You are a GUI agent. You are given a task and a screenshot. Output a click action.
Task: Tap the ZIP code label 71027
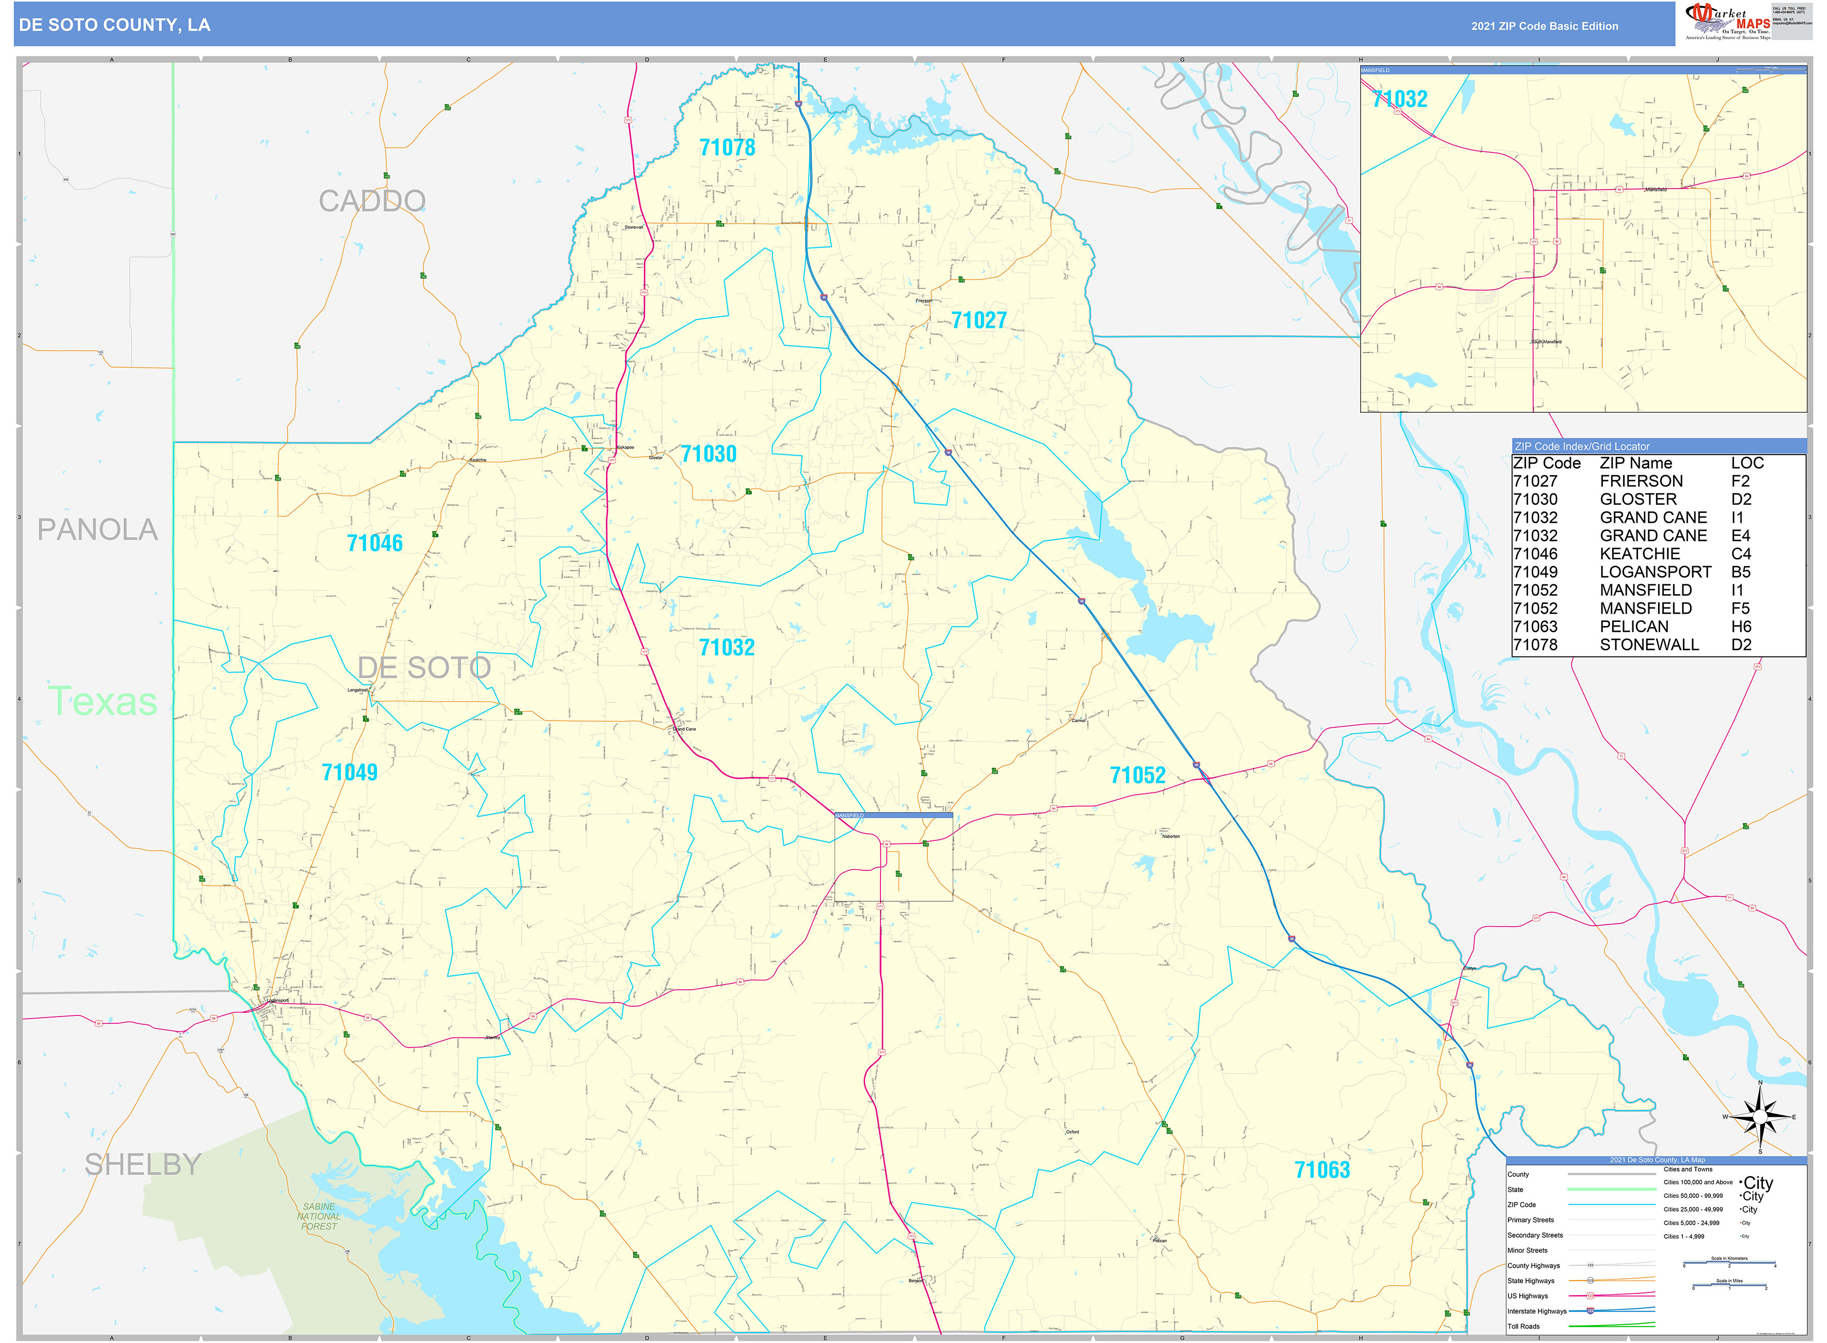click(x=979, y=320)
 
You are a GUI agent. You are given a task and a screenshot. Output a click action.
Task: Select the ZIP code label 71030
click(x=708, y=454)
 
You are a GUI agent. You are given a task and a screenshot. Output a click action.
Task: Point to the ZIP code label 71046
click(x=375, y=543)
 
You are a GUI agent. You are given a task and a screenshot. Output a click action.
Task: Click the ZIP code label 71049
click(x=350, y=772)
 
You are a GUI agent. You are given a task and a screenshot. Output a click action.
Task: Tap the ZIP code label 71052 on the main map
click(x=1137, y=775)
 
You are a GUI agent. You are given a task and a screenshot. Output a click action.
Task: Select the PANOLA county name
click(x=98, y=530)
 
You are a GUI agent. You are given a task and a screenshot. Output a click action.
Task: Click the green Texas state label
click(x=102, y=701)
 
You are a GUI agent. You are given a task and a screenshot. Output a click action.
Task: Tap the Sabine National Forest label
click(x=319, y=1216)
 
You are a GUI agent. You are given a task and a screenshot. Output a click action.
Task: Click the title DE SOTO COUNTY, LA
click(x=115, y=25)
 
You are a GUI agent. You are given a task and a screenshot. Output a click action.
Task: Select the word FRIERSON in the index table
click(x=1641, y=481)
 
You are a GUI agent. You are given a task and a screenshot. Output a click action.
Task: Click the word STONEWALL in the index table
click(x=1649, y=645)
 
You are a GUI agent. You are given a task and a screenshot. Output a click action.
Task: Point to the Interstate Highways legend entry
click(x=1536, y=1311)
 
